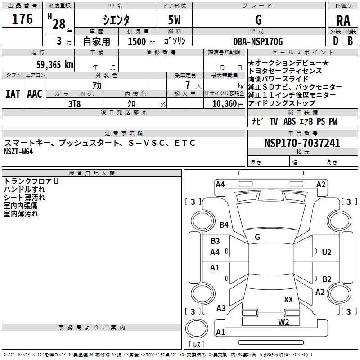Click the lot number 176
point(22,19)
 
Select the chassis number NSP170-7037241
point(302,143)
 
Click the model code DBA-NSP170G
point(258,41)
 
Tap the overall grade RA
point(343,21)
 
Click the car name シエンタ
point(117,20)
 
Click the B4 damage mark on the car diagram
point(224,225)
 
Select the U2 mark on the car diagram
point(327,252)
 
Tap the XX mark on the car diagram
point(288,299)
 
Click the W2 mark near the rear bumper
point(283,321)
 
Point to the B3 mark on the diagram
point(215,241)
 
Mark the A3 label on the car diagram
point(221,308)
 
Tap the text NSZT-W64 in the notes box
point(18,151)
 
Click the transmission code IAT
point(13,94)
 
